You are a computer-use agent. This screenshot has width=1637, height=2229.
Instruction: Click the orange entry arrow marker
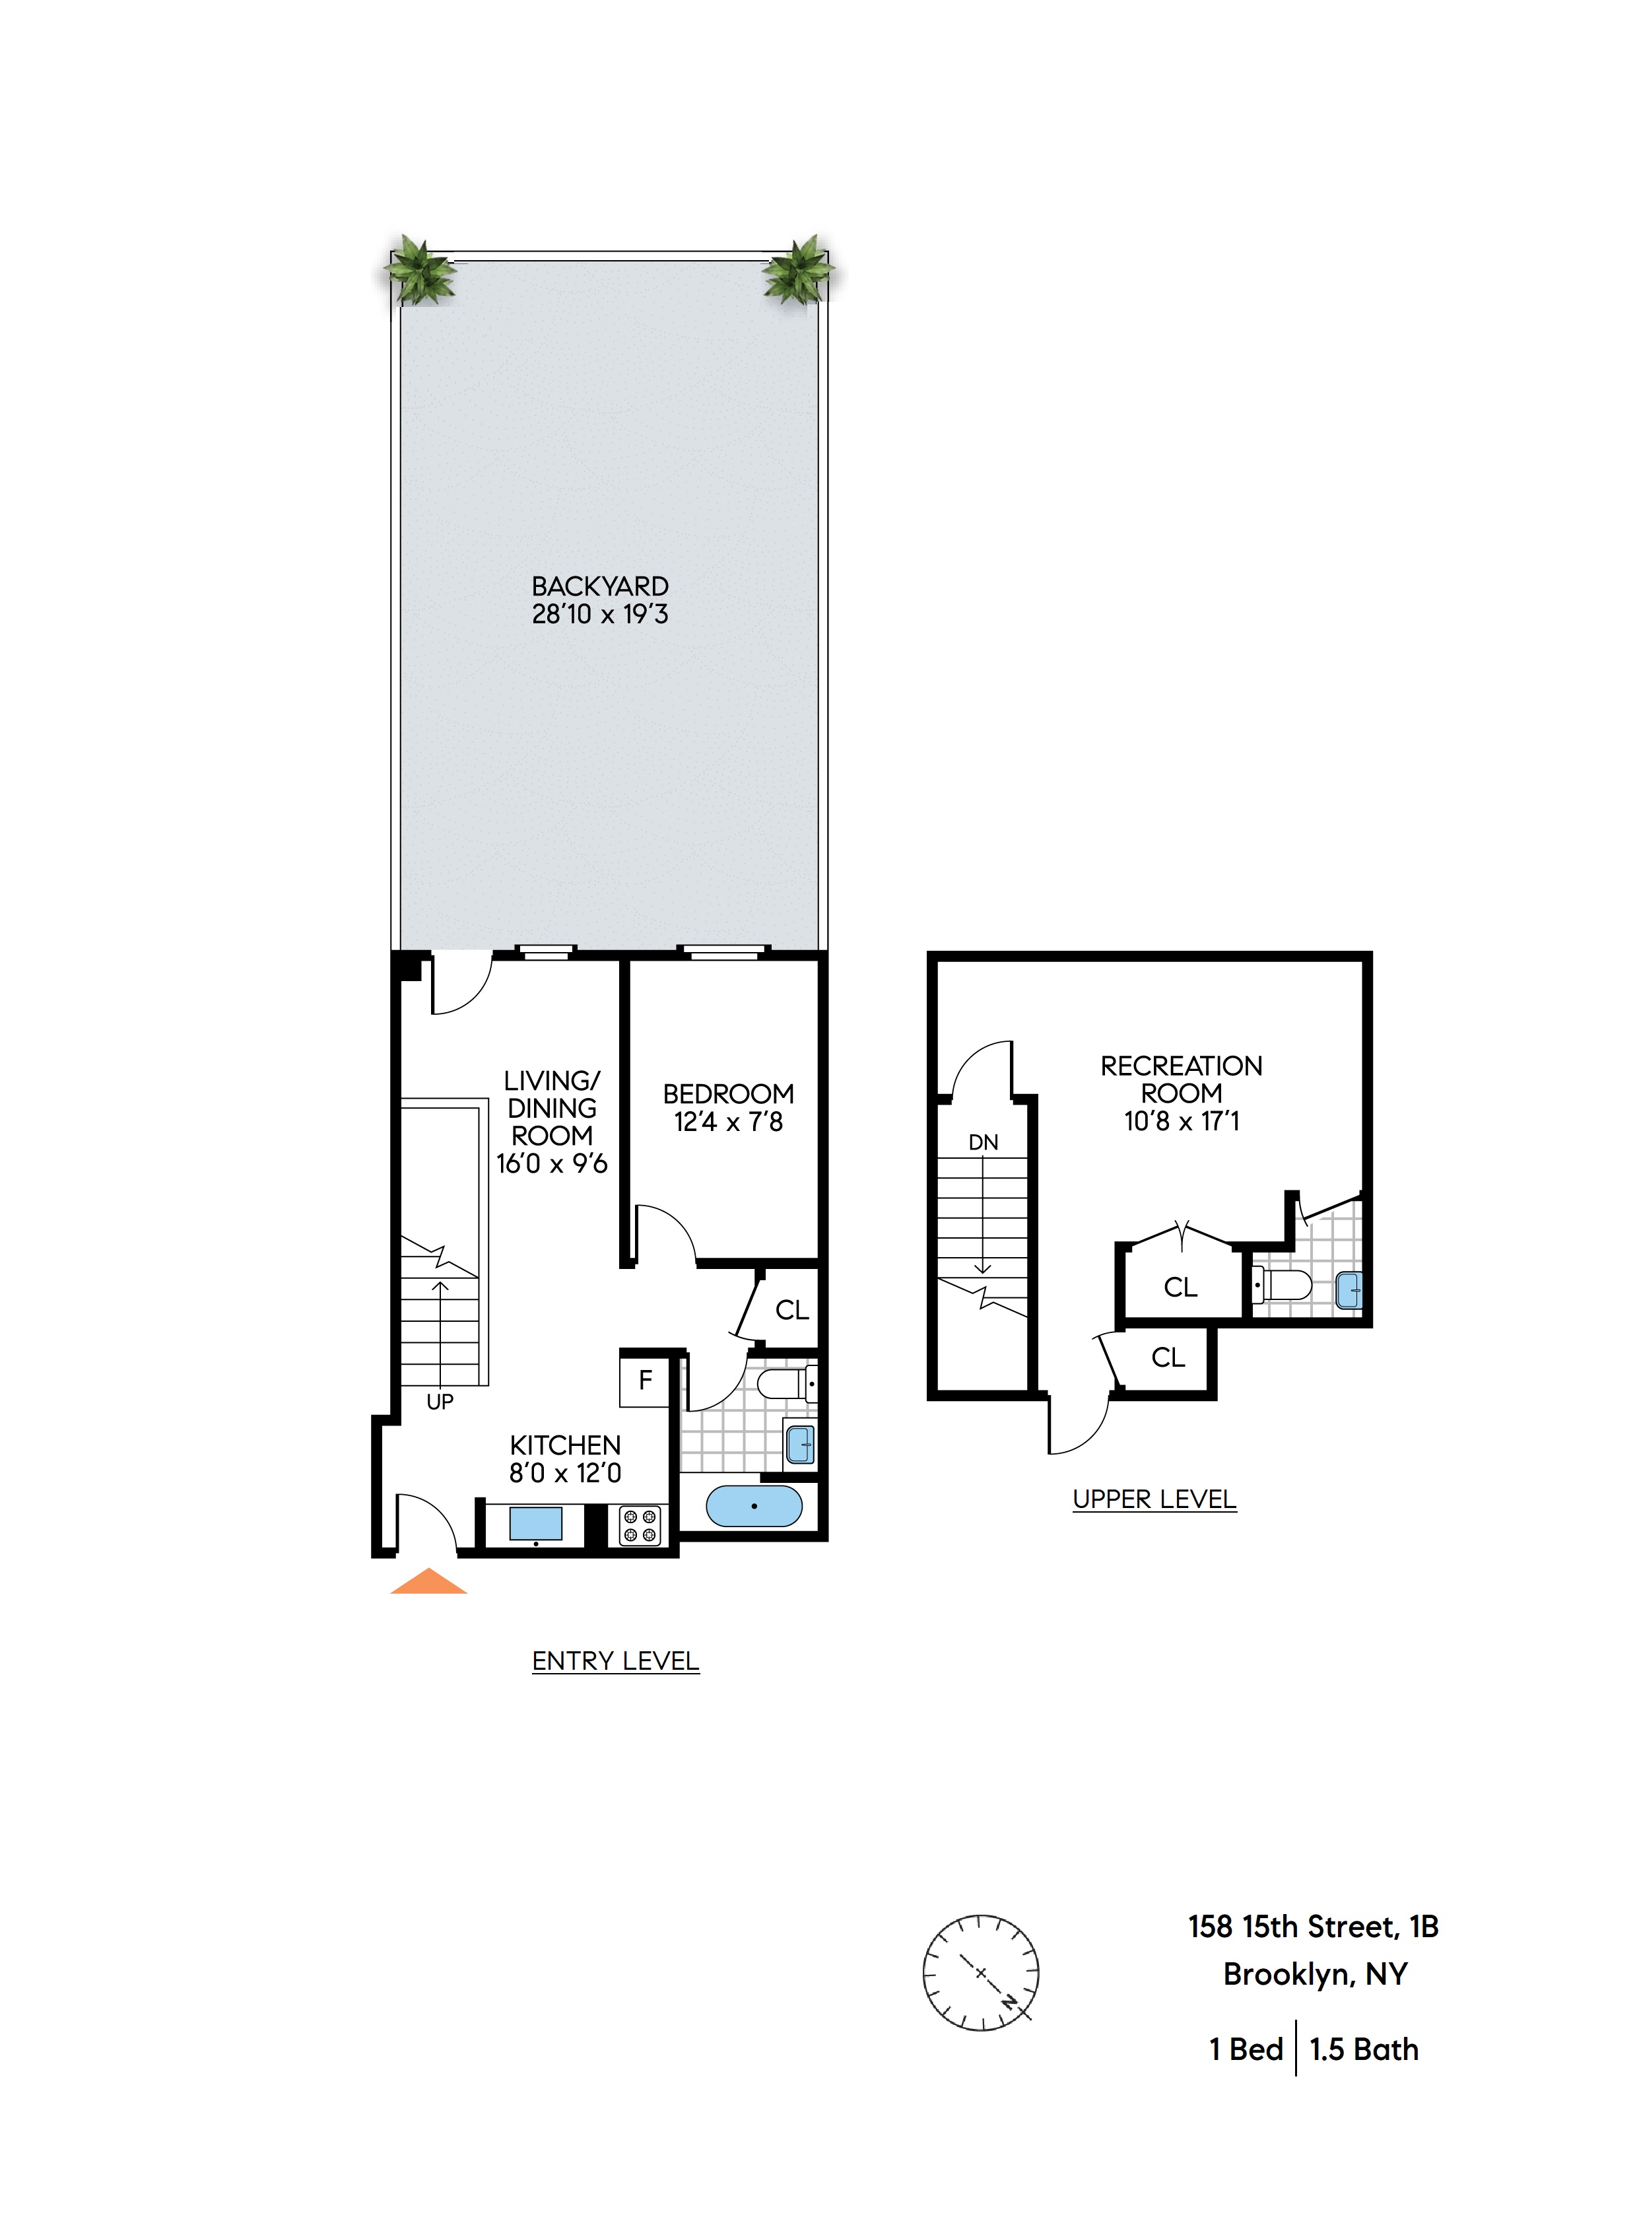click(x=428, y=1582)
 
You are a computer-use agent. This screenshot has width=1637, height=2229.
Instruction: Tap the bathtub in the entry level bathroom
click(x=753, y=1507)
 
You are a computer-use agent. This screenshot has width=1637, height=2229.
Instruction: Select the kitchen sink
click(x=535, y=1523)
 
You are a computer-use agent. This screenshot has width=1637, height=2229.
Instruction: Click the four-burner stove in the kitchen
click(x=639, y=1525)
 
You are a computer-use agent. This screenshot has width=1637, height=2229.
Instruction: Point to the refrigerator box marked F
click(x=645, y=1380)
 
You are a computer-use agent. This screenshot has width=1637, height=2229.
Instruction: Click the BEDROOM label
click(x=728, y=1094)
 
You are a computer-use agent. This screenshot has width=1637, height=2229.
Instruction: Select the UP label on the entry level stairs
click(x=440, y=1402)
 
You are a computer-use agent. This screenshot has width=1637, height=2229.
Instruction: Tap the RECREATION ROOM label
click(x=1181, y=1080)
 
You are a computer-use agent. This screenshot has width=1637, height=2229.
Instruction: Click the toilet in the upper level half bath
click(x=1285, y=1286)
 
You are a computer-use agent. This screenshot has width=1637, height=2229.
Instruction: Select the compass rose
click(x=980, y=1972)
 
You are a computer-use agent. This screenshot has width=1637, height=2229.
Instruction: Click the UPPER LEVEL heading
click(x=1154, y=1499)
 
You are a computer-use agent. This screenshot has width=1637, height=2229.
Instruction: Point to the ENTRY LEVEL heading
click(x=615, y=1661)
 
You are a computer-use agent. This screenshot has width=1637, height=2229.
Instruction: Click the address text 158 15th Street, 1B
click(x=1313, y=1927)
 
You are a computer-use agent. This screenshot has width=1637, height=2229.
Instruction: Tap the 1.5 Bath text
click(x=1364, y=2049)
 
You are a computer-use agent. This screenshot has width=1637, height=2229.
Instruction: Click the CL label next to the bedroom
click(x=791, y=1310)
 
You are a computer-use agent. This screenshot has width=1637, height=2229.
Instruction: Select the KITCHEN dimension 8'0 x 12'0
click(x=565, y=1474)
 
